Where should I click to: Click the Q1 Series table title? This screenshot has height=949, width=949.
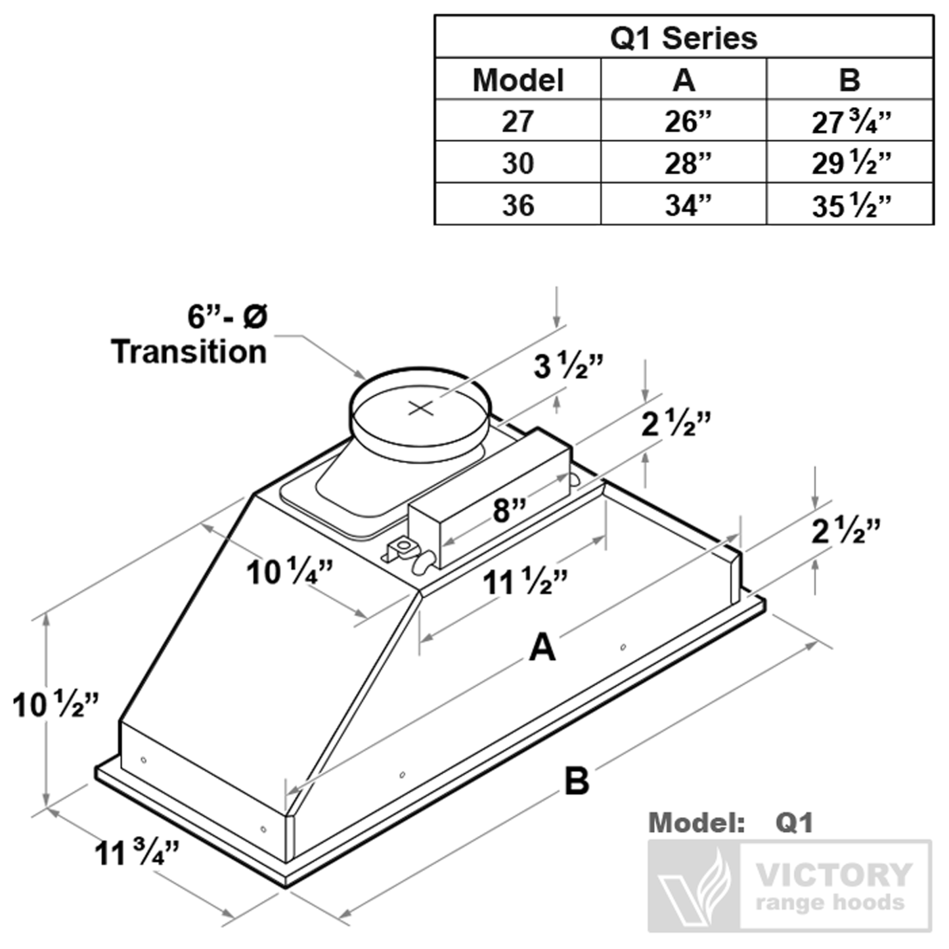point(683,38)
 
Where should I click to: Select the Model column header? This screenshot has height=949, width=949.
point(518,80)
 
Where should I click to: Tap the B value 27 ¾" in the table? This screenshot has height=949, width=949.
point(851,122)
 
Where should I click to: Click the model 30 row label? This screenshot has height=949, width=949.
point(518,164)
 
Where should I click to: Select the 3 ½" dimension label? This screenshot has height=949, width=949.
point(568,366)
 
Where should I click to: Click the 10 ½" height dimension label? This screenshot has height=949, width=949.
point(55,706)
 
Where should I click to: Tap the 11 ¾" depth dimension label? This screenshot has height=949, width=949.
point(137,854)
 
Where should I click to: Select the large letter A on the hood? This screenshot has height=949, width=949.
point(542,648)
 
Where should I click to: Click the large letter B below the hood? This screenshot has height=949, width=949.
point(576,781)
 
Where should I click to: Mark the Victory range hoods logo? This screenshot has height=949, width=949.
point(790,885)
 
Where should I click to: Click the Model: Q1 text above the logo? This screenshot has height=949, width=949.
point(730,823)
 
